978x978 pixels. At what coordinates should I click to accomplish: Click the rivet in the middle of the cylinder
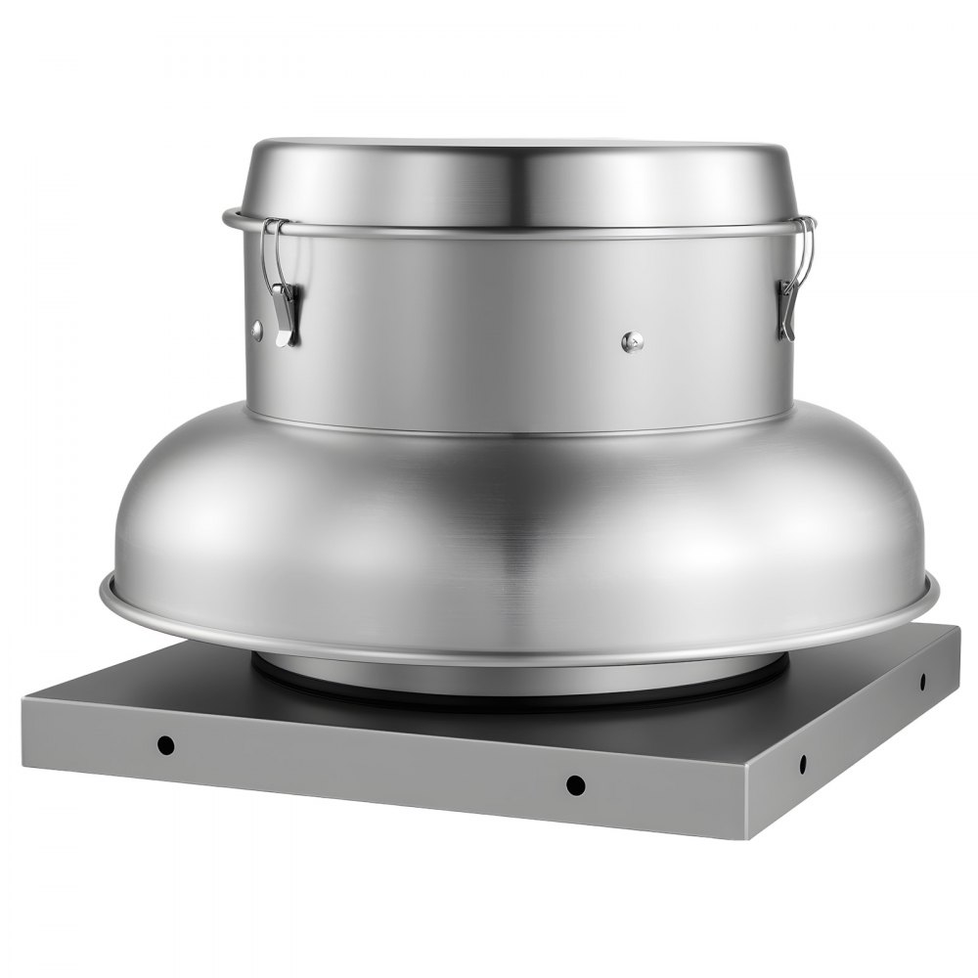click(x=633, y=341)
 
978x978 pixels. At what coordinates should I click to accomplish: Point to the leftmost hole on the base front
click(x=167, y=744)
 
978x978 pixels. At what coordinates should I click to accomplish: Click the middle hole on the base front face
click(x=575, y=783)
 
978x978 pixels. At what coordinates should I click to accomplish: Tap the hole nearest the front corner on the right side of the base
click(x=803, y=764)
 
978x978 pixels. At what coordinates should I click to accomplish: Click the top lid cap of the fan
click(x=518, y=181)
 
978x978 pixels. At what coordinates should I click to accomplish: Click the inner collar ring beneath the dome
click(x=518, y=675)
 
